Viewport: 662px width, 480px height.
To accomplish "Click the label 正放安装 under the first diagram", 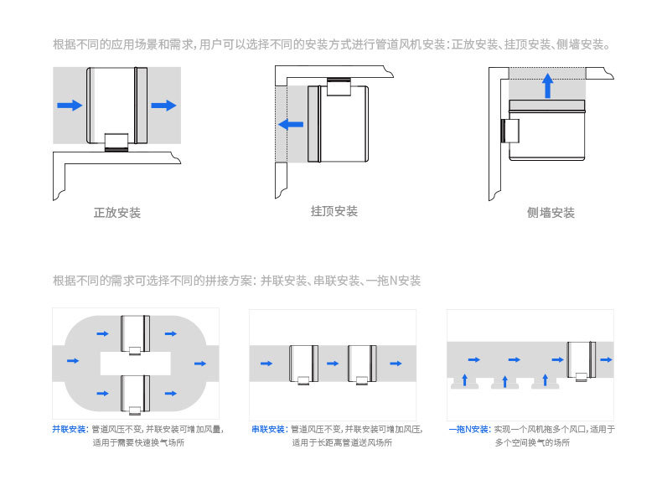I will (116, 213).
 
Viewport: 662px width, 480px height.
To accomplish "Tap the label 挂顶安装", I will (334, 211).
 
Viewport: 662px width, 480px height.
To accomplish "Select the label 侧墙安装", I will (551, 213).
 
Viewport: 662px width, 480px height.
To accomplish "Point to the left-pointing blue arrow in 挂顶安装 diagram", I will (291, 125).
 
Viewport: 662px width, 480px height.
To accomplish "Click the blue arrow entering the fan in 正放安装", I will (70, 105).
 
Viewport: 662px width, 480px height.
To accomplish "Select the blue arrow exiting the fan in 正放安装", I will (164, 105).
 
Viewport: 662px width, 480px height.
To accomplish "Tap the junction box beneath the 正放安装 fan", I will (116, 141).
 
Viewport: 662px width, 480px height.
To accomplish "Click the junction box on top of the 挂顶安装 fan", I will (339, 88).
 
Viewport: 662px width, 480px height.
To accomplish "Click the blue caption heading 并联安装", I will (70, 430).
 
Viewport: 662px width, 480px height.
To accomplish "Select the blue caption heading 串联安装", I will (269, 430).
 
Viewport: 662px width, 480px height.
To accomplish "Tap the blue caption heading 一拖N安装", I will (468, 430).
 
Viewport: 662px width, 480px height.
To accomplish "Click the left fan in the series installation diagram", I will (304, 363).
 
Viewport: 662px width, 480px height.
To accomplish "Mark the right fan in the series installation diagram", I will (362, 363).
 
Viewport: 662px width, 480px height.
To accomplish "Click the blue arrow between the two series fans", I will (333, 364).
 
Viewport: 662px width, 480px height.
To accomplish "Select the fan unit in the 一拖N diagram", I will (581, 359).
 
